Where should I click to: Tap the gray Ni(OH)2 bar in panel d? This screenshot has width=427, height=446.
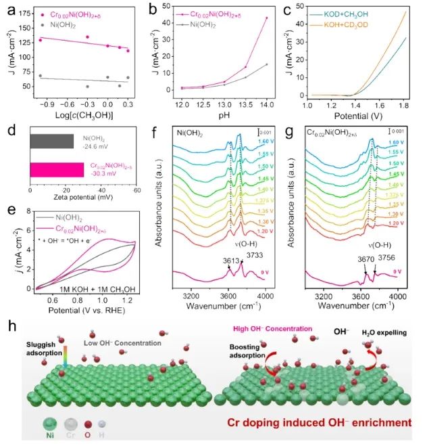[x=52, y=141]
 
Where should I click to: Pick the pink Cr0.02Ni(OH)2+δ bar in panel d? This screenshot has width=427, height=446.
[x=57, y=170]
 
